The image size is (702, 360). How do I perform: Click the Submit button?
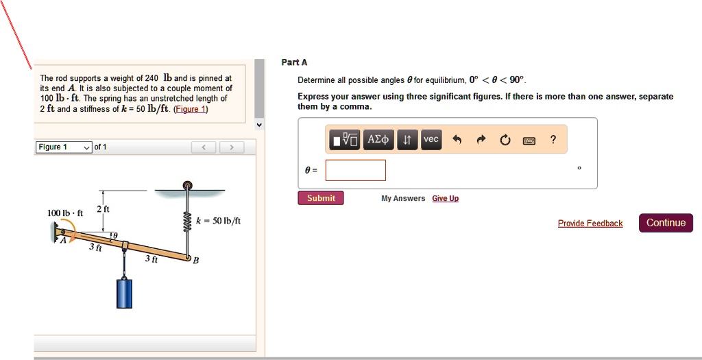pos(321,198)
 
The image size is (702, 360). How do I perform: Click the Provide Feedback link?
pos(590,224)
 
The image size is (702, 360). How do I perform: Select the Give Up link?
pos(445,199)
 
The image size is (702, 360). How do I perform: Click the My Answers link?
pos(403,199)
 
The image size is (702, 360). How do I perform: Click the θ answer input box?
pos(355,170)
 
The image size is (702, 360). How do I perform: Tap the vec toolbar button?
pos(431,139)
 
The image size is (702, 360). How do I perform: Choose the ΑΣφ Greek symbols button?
pos(378,139)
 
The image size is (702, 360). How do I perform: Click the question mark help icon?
pos(553,140)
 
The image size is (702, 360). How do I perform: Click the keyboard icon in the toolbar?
pos(529,141)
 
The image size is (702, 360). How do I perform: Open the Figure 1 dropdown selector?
pos(64,147)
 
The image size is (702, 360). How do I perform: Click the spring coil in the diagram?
pos(187,221)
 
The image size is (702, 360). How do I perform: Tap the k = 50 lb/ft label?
pos(218,221)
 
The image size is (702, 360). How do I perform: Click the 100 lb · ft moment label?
pos(64,213)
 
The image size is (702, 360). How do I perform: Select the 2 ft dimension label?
pos(104,208)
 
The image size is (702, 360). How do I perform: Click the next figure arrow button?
pos(232,147)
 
